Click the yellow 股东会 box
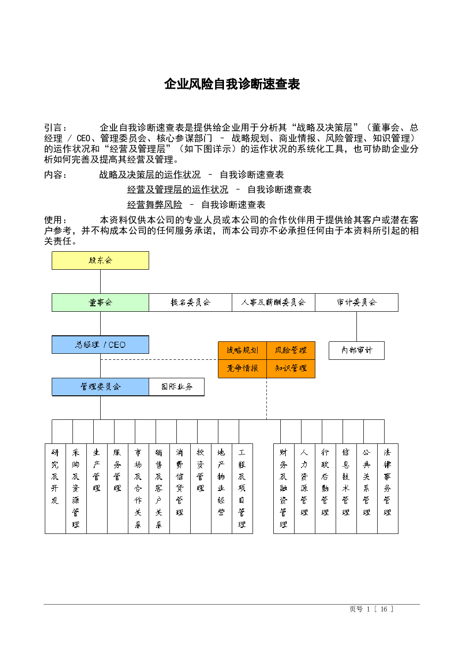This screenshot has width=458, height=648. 100,260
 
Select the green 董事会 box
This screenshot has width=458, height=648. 100,303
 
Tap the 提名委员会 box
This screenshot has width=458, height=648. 190,303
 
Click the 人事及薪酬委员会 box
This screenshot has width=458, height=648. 273,303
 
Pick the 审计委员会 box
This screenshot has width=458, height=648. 356,303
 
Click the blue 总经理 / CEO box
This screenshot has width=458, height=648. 100,345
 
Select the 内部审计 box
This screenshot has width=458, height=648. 356,351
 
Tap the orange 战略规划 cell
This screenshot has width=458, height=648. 242,351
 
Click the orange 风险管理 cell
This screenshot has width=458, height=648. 291,351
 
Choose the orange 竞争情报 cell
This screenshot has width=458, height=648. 242,369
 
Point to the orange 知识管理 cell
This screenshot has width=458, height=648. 291,369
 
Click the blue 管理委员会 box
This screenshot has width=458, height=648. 100,387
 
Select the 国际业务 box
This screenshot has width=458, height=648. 177,387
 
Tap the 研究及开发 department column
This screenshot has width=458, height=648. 55,489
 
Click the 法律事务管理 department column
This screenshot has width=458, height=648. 388,489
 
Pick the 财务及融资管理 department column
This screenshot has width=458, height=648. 284,489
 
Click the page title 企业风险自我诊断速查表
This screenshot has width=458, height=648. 232,84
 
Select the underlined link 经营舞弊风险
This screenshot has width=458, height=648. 155,205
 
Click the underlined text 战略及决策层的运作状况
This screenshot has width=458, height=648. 150,175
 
